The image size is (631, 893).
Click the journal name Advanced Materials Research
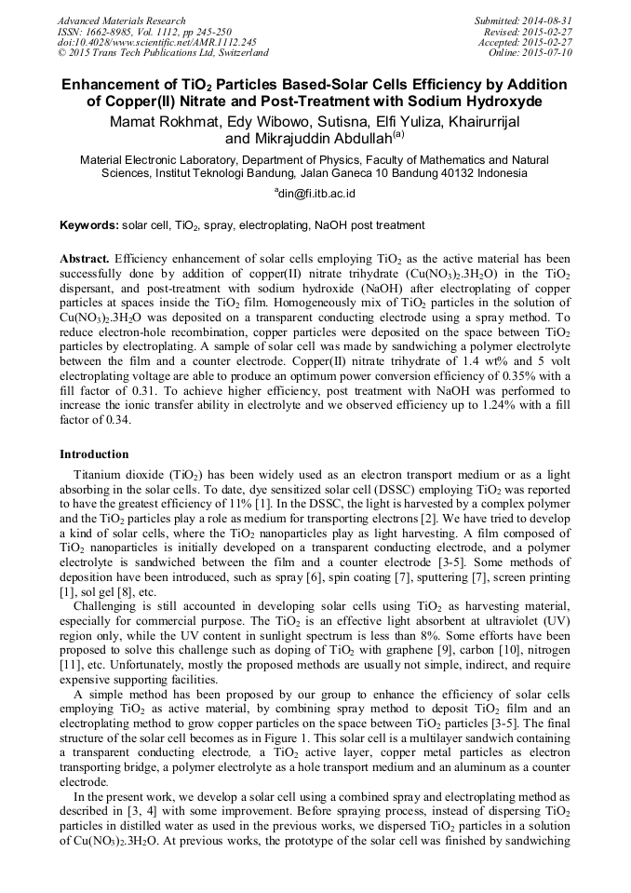pos(121,20)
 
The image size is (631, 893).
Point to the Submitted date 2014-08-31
pos(550,20)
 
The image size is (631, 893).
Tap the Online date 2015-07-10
pos(550,53)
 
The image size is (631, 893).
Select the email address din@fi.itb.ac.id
pos(316,194)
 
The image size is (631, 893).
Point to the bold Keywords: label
pos(89,225)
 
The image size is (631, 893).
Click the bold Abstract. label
pos(86,257)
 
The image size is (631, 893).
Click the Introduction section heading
pos(94,454)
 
